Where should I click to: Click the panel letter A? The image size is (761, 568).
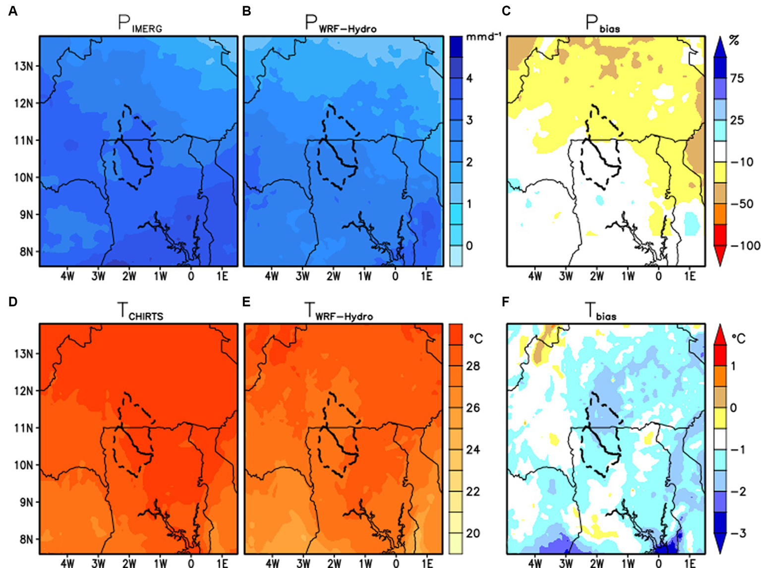13,11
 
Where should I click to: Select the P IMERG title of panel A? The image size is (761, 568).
140,24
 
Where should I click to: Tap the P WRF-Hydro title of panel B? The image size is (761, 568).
341,24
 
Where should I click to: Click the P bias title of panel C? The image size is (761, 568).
602,24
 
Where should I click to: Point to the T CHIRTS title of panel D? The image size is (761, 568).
140,312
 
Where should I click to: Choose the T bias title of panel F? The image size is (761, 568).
600,312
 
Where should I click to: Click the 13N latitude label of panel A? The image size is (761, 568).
23,66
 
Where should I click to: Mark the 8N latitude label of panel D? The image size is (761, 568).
26,539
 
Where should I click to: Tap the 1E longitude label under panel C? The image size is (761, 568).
690,276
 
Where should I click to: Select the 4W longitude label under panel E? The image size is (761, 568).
272,563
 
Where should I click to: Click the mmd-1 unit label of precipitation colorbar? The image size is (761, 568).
483,37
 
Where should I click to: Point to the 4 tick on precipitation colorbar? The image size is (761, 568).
469,78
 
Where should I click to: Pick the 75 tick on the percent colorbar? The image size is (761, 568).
737,78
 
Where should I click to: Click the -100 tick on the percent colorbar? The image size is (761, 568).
745,245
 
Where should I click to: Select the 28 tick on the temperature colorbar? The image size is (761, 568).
472,366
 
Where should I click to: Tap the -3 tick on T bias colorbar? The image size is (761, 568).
739,533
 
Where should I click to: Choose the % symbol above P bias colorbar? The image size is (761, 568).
734,40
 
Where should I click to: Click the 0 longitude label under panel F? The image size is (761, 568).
658,563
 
